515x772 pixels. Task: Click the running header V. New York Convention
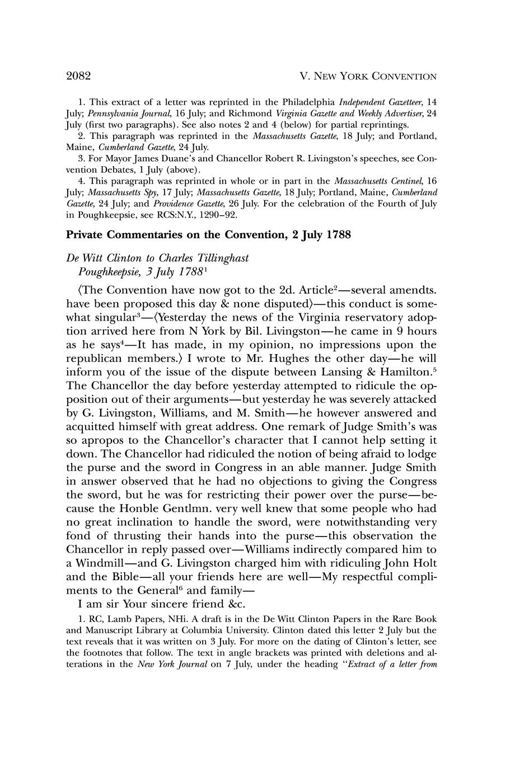(x=368, y=76)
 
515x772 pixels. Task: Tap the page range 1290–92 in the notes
(x=216, y=214)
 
